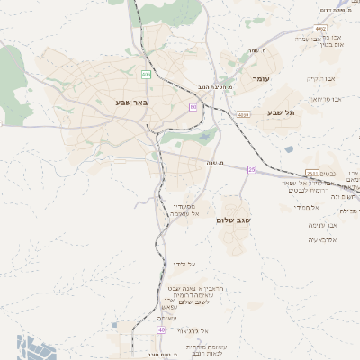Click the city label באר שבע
(131, 102)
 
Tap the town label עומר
(261, 79)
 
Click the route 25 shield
(252, 170)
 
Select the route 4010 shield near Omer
(243, 115)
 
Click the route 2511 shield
(312, 173)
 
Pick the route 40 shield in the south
(162, 330)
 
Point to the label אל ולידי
(185, 264)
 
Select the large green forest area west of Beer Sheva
(10, 67)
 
